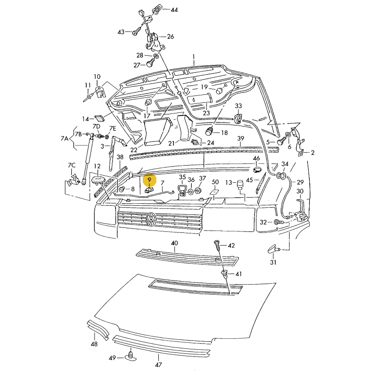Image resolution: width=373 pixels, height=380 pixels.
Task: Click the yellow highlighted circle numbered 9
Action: coord(149,179)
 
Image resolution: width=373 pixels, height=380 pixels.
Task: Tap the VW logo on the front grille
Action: coord(150,219)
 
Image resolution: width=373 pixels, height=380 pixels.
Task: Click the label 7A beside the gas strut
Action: coord(64,139)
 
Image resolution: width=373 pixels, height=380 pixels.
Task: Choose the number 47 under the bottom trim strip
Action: coord(158,364)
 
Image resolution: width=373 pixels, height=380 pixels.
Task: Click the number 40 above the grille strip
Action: coord(174,243)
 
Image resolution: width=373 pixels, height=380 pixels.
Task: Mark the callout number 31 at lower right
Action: coord(273,262)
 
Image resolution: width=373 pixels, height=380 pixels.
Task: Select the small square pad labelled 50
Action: coord(214,191)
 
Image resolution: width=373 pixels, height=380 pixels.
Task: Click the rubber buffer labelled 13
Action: coord(240,183)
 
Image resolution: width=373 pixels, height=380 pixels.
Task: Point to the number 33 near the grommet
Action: coord(238,106)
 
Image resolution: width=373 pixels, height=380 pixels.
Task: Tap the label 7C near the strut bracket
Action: coord(71,166)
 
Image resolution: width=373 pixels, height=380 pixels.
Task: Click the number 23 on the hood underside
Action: coord(206,113)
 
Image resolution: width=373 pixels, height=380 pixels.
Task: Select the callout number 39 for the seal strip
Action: coord(241,139)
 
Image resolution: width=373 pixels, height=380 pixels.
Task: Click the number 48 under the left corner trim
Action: coord(94,344)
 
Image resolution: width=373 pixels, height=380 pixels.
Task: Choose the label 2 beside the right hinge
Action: coord(312,153)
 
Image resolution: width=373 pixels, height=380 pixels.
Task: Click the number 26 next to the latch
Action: coord(170,37)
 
